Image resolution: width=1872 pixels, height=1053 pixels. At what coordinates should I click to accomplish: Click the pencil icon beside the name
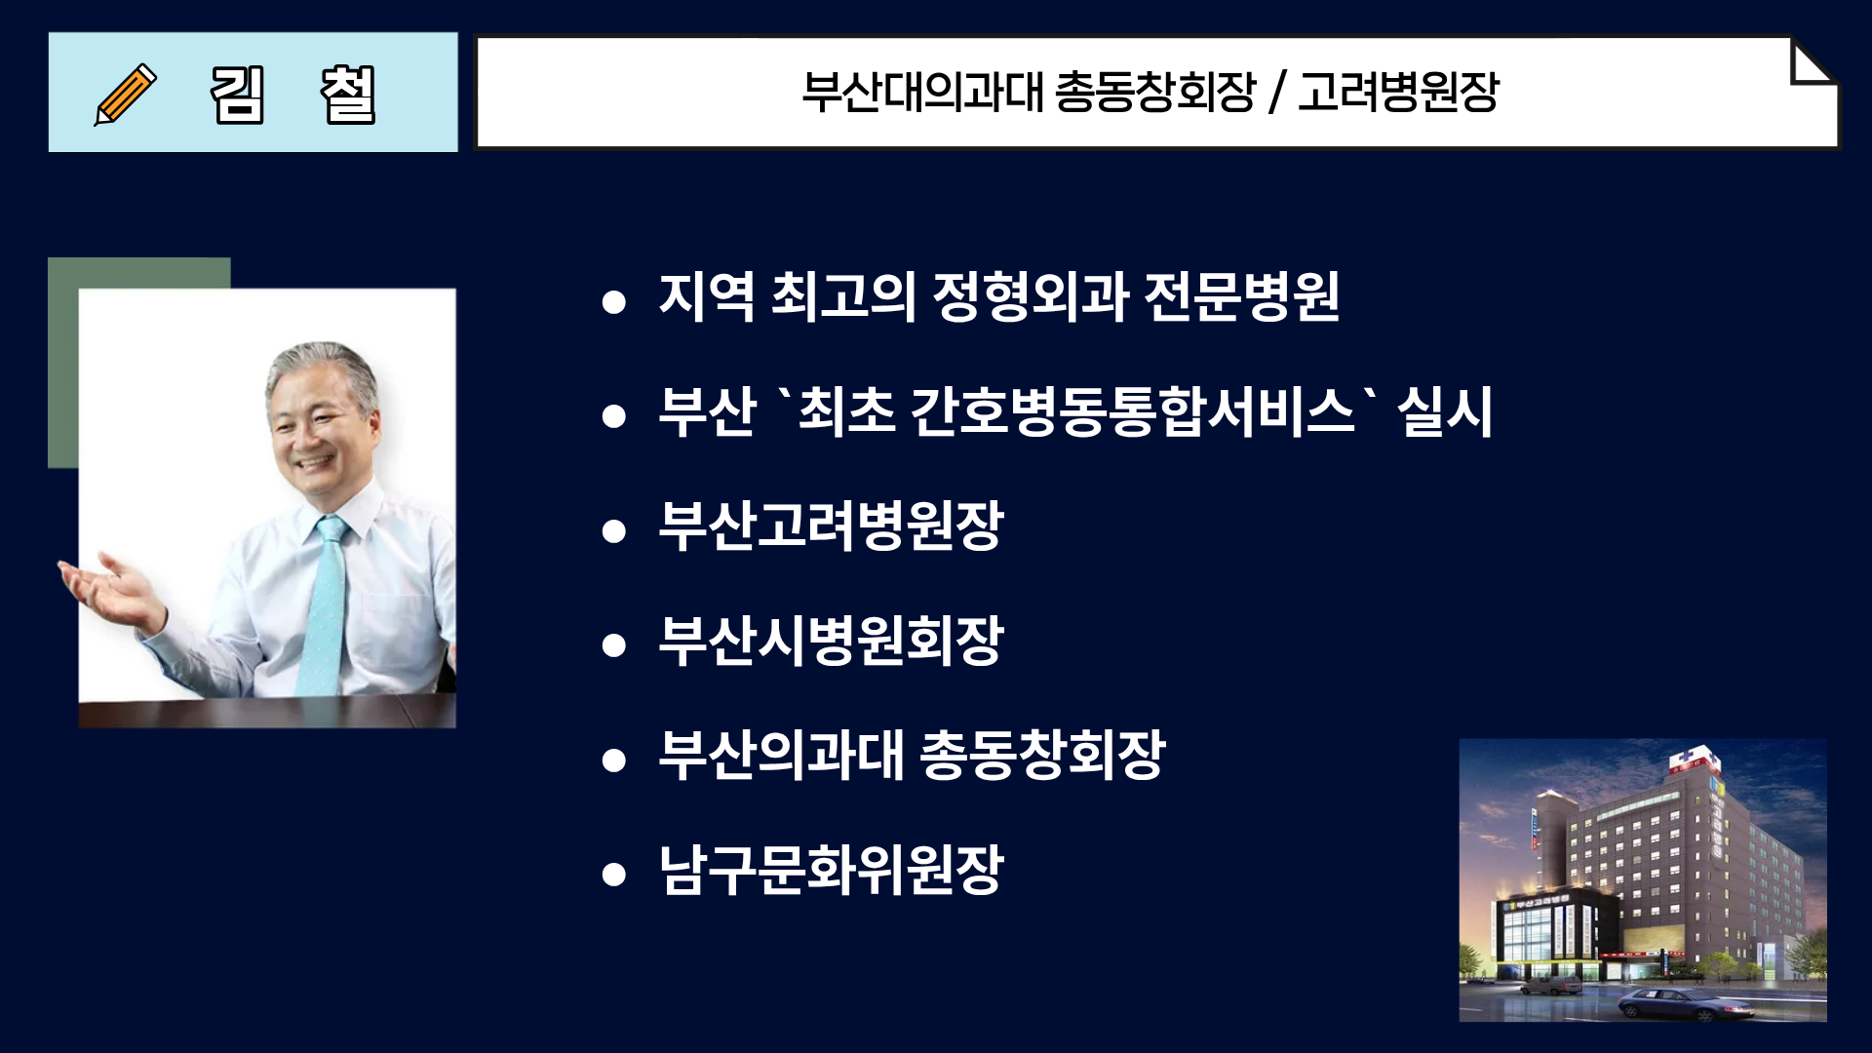point(125,94)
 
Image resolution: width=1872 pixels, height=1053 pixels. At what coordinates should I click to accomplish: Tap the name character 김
point(237,95)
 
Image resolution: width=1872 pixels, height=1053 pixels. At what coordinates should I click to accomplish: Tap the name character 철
point(348,95)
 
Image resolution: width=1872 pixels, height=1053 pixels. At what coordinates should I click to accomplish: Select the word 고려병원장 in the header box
point(1398,93)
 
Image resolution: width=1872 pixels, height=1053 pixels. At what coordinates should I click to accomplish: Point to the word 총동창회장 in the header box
point(1155,93)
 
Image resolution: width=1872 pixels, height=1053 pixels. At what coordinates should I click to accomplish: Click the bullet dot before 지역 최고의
point(613,301)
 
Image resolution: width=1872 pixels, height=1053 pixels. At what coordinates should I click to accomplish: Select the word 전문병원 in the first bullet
point(1241,296)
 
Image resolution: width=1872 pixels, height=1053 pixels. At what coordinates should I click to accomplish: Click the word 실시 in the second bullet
point(1445,410)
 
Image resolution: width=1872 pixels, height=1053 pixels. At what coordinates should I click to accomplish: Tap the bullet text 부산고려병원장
point(831,526)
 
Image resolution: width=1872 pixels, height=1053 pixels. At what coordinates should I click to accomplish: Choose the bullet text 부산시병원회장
point(831,641)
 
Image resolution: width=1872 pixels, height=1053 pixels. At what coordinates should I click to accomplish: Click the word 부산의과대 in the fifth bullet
point(781,755)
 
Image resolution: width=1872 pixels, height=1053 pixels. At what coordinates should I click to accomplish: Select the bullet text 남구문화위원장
point(831,870)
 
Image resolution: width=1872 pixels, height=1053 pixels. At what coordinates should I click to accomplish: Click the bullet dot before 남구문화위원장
point(613,874)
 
